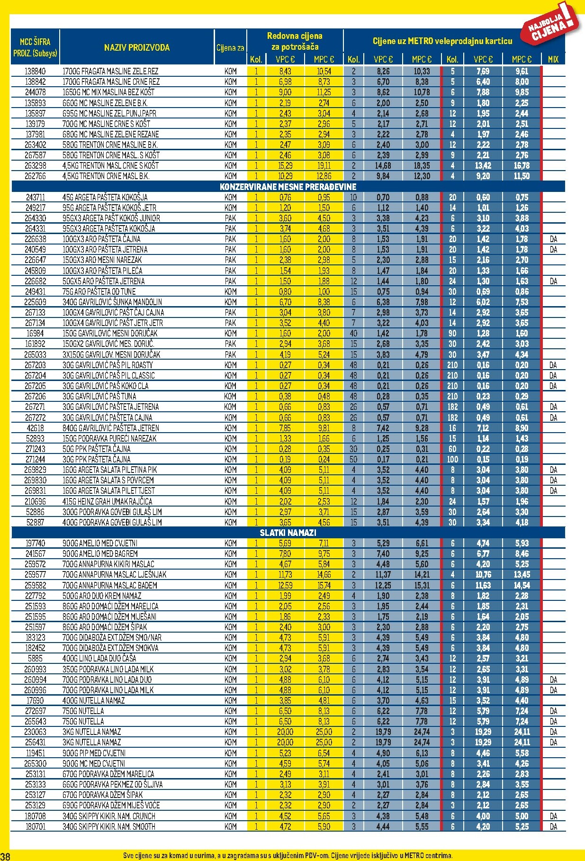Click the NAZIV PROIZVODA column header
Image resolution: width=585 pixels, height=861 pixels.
click(136, 47)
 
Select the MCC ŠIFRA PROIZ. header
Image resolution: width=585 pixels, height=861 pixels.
click(35, 47)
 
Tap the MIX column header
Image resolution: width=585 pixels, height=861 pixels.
click(553, 60)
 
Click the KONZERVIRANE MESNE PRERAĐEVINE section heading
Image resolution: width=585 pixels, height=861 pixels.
click(288, 187)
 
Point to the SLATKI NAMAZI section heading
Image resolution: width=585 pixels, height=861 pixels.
click(288, 533)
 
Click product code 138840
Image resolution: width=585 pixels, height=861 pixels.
click(35, 72)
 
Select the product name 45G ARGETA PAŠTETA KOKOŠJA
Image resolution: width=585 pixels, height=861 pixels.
click(105, 197)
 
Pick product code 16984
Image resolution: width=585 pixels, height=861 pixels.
click(35, 334)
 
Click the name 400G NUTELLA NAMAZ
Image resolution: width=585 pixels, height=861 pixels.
click(93, 700)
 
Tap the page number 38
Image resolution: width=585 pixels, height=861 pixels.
click(5, 856)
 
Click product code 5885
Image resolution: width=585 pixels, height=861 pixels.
click(35, 658)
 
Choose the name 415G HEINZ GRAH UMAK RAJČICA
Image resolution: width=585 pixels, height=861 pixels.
click(107, 501)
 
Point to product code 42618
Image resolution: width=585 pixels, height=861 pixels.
click(35, 428)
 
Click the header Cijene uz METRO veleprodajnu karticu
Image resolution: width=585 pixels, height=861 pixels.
click(442, 41)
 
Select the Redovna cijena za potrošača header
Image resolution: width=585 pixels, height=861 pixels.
click(295, 41)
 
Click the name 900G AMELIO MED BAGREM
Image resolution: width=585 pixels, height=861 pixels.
click(100, 553)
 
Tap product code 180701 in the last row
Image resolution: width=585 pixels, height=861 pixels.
click(35, 826)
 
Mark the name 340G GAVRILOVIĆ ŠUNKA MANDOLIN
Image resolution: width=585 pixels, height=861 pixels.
click(112, 302)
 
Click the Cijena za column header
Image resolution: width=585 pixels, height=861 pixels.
click(230, 48)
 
